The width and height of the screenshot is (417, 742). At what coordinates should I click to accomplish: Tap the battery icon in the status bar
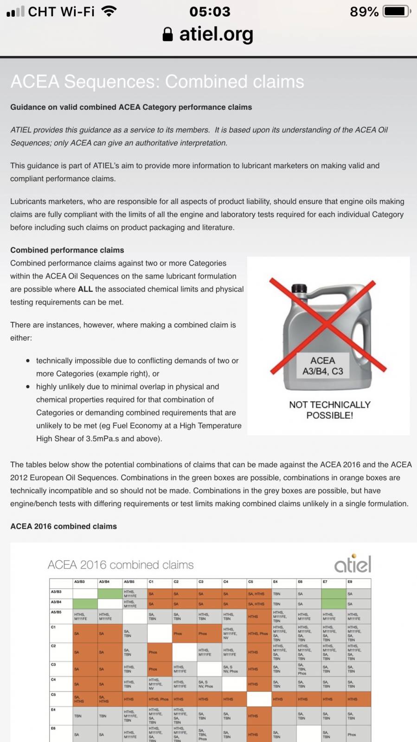[396, 11]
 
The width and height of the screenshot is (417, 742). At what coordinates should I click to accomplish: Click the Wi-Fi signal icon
[109, 11]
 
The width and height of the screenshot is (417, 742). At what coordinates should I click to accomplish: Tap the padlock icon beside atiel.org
[167, 34]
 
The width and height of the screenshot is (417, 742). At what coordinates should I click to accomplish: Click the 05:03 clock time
[210, 11]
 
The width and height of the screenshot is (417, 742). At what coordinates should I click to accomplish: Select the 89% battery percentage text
[364, 11]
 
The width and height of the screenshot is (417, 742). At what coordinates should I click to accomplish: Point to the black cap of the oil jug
[299, 288]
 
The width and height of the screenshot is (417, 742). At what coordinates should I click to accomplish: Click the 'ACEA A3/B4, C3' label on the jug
[323, 366]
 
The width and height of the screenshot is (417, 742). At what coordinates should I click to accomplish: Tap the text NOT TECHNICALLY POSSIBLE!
[330, 410]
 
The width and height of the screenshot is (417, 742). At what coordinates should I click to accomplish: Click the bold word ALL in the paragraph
[85, 289]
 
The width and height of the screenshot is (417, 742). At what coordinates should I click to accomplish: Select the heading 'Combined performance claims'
[67, 250]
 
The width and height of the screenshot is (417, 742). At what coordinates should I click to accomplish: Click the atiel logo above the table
[353, 563]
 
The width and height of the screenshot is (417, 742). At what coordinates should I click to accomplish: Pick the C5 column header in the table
[251, 582]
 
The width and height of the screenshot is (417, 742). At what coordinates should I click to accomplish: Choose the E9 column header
[351, 582]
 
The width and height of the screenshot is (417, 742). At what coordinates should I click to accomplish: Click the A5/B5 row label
[56, 612]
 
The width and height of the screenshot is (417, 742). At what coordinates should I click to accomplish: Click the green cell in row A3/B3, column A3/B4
[110, 594]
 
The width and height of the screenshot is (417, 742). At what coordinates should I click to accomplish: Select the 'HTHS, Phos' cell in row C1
[258, 633]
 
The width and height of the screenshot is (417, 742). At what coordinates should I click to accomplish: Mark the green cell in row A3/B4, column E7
[334, 604]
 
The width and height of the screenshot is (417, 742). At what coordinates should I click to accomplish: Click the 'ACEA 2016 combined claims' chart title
[121, 565]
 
